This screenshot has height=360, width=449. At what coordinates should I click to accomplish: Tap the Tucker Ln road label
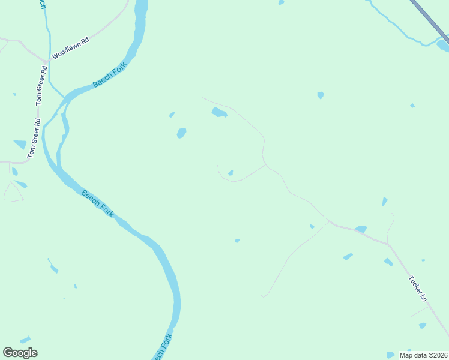(418, 289)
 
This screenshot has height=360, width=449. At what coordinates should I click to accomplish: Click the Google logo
(20, 353)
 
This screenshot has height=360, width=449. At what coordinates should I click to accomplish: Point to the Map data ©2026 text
(423, 355)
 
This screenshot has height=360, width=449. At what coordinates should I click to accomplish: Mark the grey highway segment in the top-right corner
(430, 18)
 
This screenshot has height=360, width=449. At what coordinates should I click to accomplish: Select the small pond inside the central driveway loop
(231, 173)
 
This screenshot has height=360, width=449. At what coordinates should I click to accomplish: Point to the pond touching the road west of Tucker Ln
(361, 229)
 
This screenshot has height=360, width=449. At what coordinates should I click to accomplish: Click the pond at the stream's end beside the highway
(442, 45)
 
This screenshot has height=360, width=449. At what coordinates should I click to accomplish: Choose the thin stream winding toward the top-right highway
(396, 26)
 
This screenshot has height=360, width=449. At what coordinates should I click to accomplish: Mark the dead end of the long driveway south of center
(262, 294)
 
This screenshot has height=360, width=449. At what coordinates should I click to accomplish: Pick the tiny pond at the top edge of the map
(281, 2)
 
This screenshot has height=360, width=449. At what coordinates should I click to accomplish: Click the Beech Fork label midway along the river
(97, 203)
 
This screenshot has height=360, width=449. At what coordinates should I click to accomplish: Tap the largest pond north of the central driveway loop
(218, 112)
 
